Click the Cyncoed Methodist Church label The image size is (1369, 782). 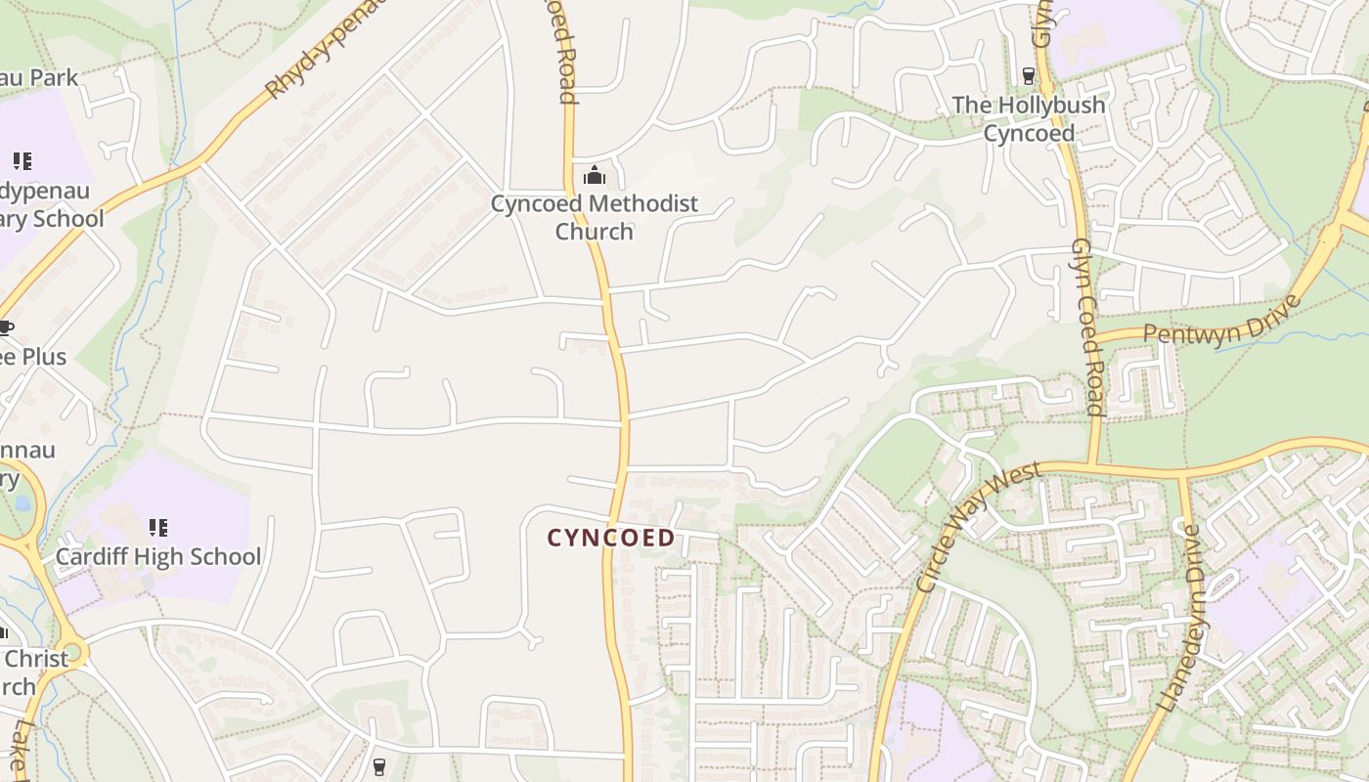pos(595,217)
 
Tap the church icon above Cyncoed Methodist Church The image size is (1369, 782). pos(594,176)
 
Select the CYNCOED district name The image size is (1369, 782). pos(611,538)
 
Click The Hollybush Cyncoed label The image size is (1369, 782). pos(1029,118)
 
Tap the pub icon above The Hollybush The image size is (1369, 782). pos(1028,75)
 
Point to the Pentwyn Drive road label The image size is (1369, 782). pos(1222,321)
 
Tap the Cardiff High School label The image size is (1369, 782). pos(157,557)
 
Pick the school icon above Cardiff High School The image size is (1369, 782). pos(157,528)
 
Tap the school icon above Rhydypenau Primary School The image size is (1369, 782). pos(22,161)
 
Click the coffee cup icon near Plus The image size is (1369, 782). pos(5,327)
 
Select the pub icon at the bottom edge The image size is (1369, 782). pos(379,766)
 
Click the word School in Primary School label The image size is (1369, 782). pos(66,218)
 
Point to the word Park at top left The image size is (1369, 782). pos(53,78)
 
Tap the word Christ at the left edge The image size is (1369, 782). pos(37,658)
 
